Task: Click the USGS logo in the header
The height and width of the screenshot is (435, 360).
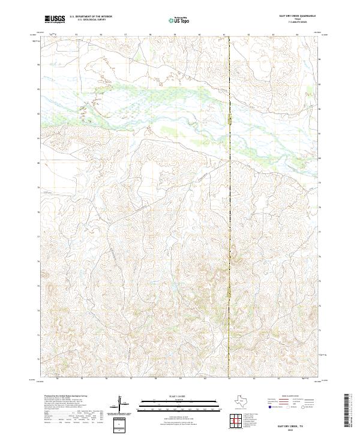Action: (x=55, y=19)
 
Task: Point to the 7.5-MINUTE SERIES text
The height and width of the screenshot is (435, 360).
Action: (x=298, y=23)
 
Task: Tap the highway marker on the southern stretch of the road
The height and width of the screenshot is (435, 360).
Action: (x=229, y=291)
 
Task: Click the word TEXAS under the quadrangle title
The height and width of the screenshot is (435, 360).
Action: (x=298, y=20)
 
